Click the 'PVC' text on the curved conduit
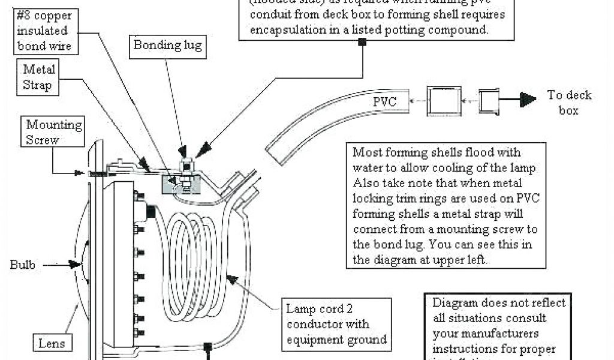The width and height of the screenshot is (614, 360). point(383,101)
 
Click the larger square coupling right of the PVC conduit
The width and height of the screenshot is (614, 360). point(445,100)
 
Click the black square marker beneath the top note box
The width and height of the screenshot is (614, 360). point(362,42)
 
